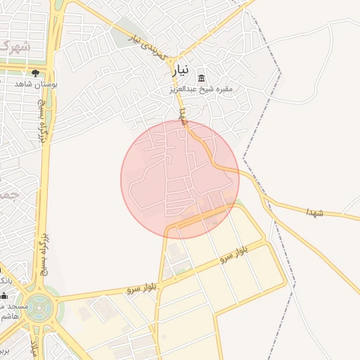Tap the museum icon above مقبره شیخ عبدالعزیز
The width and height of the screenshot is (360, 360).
tap(202, 77)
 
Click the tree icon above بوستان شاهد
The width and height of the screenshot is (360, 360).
tap(35, 72)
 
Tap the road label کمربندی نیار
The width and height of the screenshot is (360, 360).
tap(148, 44)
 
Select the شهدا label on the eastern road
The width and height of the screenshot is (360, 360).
tap(314, 211)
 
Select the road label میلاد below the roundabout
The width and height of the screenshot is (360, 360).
tap(34, 349)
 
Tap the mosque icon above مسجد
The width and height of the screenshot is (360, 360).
tap(4, 296)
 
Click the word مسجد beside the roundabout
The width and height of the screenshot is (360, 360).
tap(14, 307)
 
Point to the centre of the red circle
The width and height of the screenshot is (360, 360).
tap(180, 179)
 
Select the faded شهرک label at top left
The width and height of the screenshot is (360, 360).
tap(15, 47)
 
